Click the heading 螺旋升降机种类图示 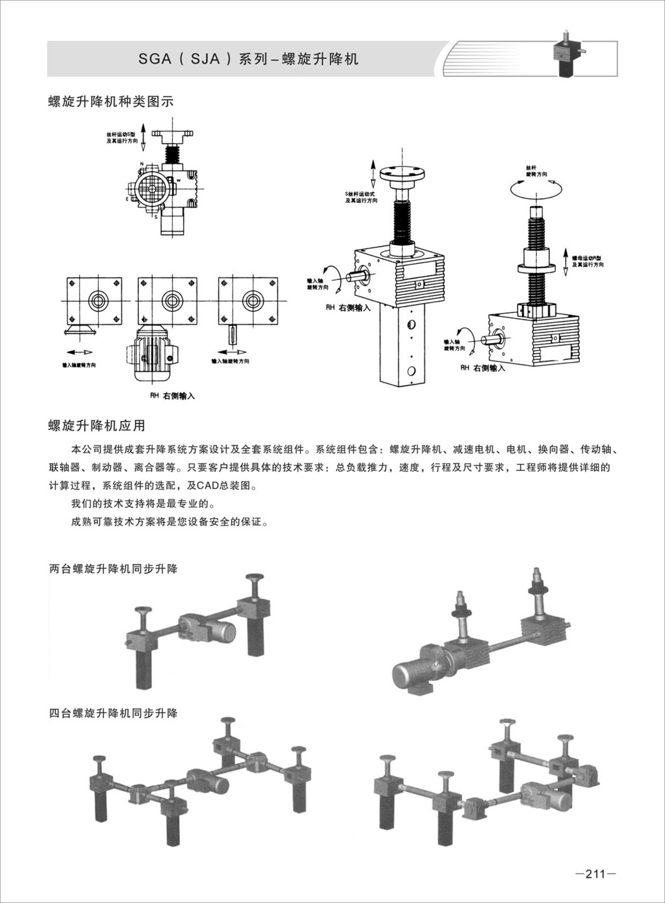pos(111,102)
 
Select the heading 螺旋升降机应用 pos(97,426)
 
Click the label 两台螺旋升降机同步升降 pos(114,568)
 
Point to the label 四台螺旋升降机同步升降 pos(114,713)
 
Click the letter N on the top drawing pos(142,163)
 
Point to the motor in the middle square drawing pos(151,356)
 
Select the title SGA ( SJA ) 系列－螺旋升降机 pos(248,60)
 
